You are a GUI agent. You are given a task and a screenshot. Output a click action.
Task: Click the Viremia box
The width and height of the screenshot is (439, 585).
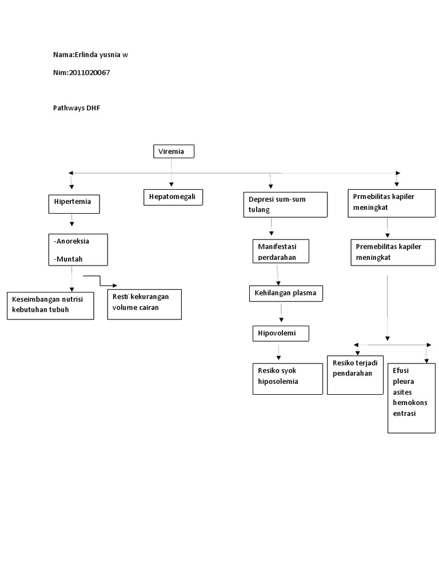(x=174, y=151)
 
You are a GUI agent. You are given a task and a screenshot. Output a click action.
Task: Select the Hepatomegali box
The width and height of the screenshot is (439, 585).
(x=173, y=197)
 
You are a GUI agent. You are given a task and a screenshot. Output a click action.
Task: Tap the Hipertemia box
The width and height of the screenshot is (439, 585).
(x=74, y=204)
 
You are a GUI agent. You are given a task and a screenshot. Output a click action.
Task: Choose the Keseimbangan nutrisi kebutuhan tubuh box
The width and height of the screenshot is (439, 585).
(x=50, y=305)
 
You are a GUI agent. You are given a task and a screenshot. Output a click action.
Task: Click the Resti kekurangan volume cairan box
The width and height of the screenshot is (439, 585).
(x=144, y=304)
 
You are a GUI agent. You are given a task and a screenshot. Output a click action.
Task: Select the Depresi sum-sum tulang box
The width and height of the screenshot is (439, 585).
(x=285, y=205)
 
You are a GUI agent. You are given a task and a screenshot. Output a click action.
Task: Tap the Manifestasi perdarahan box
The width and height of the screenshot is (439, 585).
(x=281, y=251)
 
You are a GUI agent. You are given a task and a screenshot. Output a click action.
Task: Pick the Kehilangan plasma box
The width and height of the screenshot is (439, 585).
(x=286, y=294)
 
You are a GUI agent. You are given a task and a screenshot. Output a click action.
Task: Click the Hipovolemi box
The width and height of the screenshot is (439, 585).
(x=281, y=333)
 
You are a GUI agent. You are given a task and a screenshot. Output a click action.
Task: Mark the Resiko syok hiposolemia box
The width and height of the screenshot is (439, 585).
(x=288, y=378)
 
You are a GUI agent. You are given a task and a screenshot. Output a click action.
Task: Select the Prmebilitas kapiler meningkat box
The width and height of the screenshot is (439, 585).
(x=391, y=203)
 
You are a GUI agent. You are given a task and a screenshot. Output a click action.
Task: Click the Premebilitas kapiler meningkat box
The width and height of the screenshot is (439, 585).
(x=392, y=252)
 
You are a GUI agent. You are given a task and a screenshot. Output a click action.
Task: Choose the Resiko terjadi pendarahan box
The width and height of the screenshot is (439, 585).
(x=355, y=375)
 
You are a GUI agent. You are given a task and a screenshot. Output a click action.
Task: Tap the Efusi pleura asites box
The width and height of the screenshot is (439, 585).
(x=411, y=398)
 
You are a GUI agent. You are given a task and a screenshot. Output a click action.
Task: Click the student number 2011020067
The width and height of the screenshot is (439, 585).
(x=89, y=73)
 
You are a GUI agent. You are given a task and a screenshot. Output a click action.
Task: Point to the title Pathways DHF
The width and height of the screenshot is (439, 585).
(x=77, y=108)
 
